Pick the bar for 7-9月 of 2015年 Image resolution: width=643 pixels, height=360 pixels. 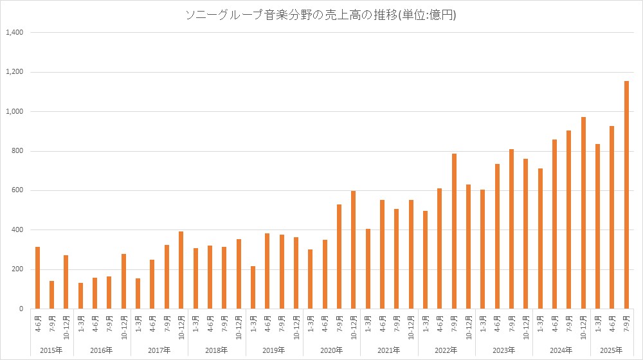coord(52,295)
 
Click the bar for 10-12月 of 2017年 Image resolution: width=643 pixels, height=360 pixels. coord(181,270)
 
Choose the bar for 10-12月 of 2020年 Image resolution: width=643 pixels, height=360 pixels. coord(354,250)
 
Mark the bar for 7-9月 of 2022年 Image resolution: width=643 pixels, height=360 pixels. coord(454,231)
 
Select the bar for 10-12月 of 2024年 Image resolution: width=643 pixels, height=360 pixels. coord(584,213)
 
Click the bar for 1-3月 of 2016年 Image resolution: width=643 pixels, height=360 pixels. coord(80,296)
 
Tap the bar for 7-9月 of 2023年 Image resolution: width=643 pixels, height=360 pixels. coord(512,229)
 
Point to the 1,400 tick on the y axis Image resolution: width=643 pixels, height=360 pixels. coord(14,32)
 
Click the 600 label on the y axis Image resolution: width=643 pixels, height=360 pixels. coord(16,190)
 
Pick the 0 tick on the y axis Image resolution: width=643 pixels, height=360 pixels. coord(21,309)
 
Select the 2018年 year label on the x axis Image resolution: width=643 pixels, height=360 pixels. coord(216,350)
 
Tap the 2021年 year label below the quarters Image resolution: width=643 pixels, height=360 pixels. coord(389,350)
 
